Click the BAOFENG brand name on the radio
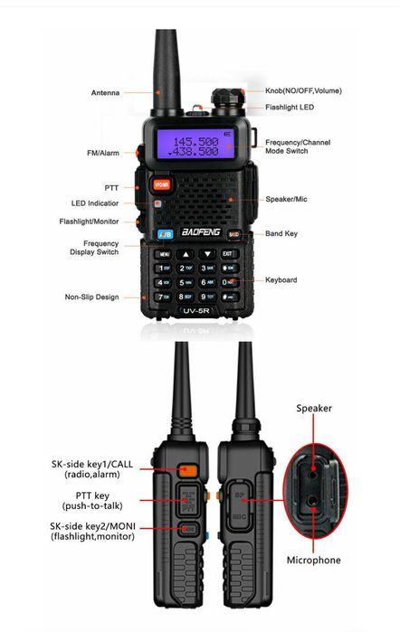pyautogui.click(x=195, y=233)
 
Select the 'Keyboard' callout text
pyautogui.click(x=281, y=280)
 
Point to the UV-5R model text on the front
pyautogui.click(x=195, y=312)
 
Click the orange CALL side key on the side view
pyautogui.click(x=187, y=469)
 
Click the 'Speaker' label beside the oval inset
pyautogui.click(x=314, y=408)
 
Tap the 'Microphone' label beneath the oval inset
pyautogui.click(x=313, y=561)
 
